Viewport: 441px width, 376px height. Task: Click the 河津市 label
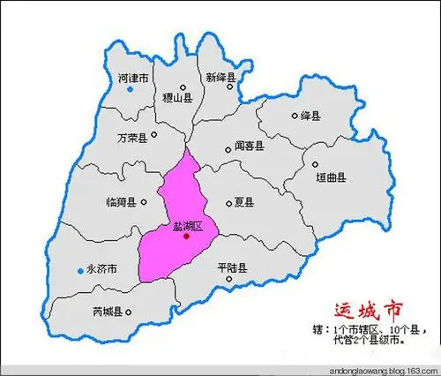(x=134, y=79)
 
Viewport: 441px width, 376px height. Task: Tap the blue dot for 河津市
(x=131, y=89)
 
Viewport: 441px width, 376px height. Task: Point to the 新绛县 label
(x=221, y=79)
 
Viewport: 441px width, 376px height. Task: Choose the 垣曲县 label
(x=332, y=177)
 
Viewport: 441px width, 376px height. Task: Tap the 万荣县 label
(x=132, y=139)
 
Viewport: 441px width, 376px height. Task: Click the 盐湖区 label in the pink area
(x=187, y=226)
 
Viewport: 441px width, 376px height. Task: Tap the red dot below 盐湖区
(x=186, y=235)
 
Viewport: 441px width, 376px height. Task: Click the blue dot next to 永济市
(x=78, y=270)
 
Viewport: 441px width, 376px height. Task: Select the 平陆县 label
(x=231, y=267)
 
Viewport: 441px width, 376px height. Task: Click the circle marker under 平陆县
(x=230, y=280)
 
